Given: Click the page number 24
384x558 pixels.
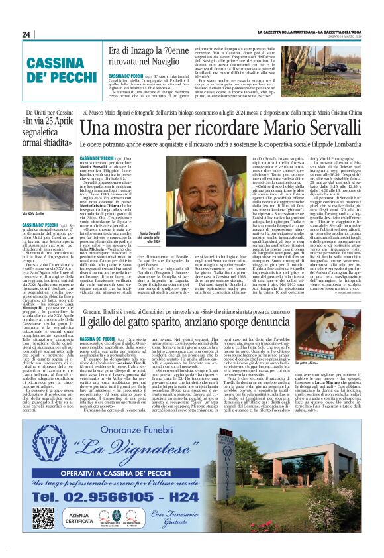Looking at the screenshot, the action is (27, 34).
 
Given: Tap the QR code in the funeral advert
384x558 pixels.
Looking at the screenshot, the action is (43, 518).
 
